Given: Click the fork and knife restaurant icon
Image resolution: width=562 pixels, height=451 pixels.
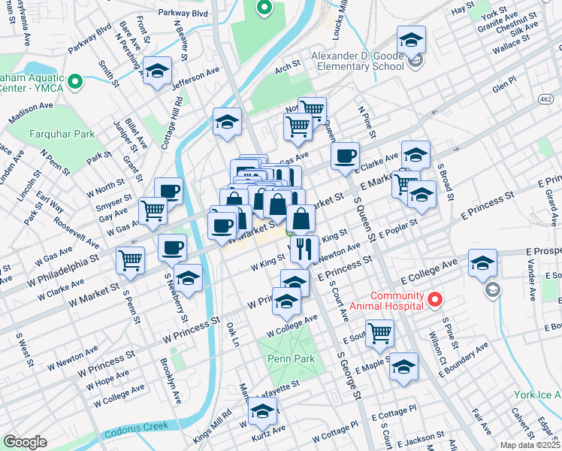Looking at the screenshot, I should click(x=304, y=248).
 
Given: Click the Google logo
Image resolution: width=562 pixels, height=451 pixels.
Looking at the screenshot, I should click(x=25, y=442).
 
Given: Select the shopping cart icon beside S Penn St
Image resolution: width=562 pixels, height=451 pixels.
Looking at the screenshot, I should click(x=130, y=259).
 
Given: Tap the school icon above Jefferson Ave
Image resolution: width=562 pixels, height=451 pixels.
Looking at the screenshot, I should click(x=156, y=71).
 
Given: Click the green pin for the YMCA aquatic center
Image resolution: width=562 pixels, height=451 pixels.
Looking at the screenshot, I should click(x=74, y=81).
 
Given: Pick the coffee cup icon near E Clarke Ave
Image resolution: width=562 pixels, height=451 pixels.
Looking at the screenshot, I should click(x=345, y=155).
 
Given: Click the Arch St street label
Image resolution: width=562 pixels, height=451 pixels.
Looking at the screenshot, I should click(x=287, y=67).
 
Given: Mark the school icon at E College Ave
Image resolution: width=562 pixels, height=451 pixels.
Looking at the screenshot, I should click(x=482, y=262).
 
